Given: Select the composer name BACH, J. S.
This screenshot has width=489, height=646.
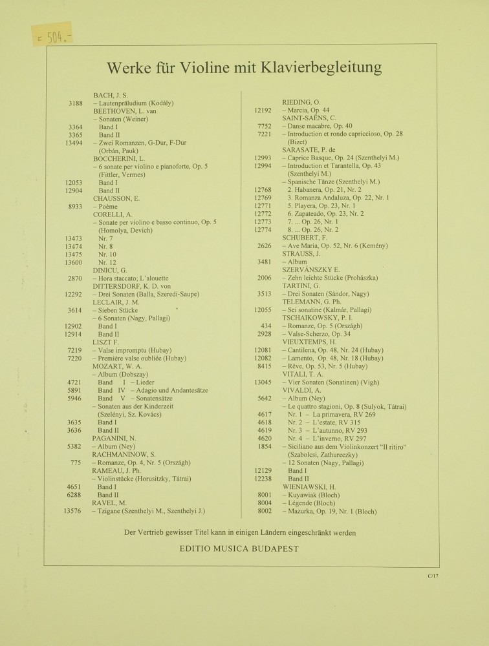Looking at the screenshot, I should tap(111, 95).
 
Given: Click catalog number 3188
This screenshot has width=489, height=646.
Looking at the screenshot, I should tap(74, 103).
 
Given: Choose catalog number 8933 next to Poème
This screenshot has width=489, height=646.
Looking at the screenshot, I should tap(74, 206).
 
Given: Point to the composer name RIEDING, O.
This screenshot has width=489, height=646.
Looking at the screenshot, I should tap(301, 102).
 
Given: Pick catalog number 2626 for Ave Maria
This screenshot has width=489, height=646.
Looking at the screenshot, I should tap(263, 245).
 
